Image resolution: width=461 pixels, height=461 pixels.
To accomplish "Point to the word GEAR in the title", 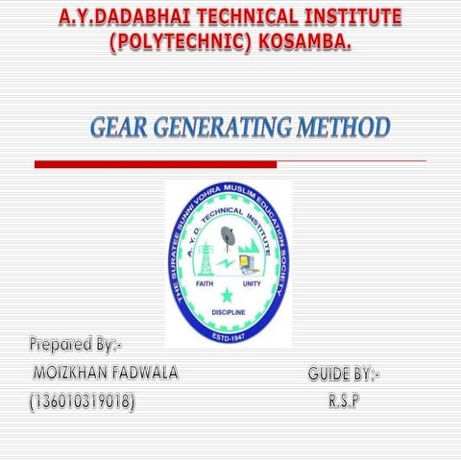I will [120, 128].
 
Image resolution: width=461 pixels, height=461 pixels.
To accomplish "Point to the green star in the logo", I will [227, 294].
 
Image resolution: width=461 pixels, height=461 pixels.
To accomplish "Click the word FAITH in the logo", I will [204, 285].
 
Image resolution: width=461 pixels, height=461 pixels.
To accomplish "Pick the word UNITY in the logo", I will [252, 285].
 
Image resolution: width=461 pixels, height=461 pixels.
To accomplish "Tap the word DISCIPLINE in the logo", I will [228, 313].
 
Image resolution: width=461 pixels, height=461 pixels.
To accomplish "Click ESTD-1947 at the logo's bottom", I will [228, 336].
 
